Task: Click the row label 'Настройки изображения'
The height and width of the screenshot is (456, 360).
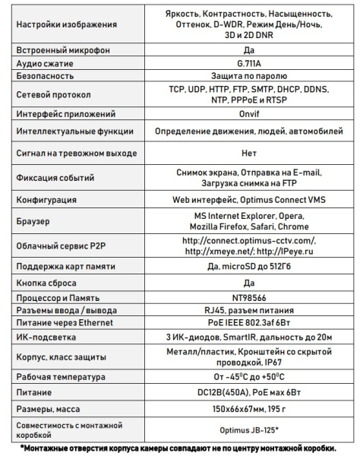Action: [67, 24]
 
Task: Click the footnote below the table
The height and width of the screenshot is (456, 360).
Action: [179, 448]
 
